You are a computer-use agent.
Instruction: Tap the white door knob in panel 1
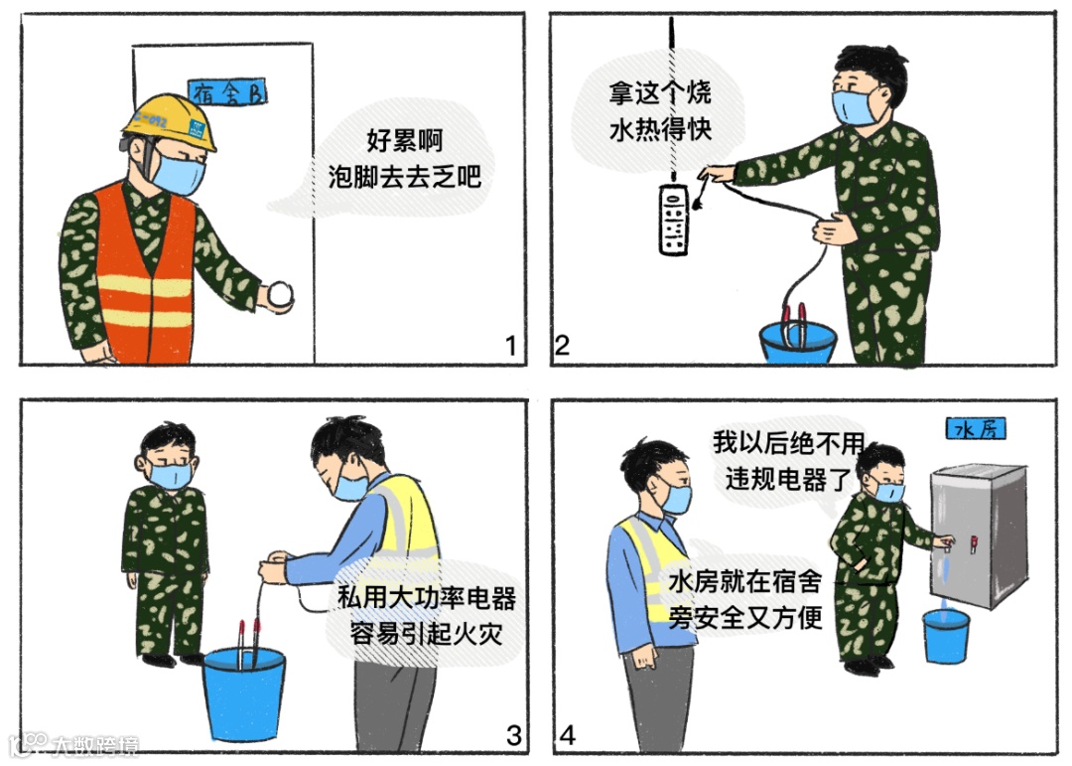[281, 294]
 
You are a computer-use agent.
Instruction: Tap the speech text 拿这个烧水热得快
[659, 111]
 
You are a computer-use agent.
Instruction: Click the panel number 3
[513, 736]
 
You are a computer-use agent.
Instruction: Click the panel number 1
[511, 347]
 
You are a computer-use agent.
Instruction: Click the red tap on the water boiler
[975, 542]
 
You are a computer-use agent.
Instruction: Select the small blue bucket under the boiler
[946, 636]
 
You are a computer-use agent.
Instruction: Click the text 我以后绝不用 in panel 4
[789, 443]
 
